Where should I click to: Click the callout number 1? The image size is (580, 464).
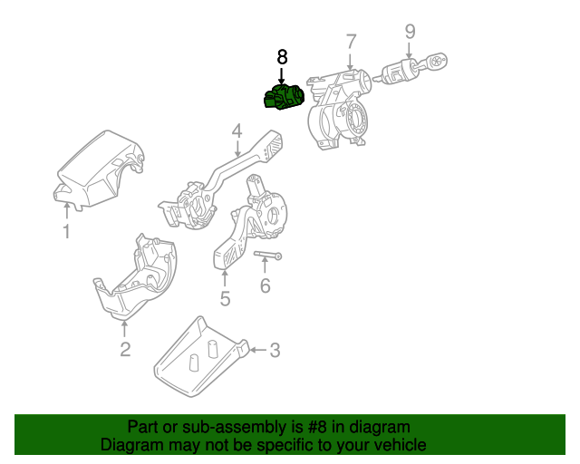66,233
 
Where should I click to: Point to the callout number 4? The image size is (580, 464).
236,130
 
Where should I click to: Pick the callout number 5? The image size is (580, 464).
225,297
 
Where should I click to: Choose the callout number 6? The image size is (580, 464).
265,286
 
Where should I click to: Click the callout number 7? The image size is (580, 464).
351,41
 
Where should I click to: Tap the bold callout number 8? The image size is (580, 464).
282,56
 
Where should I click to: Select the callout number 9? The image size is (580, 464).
410,32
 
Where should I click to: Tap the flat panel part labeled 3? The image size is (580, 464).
199,358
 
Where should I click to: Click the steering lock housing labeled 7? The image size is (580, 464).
340,109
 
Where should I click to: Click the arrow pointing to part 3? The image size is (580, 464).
256,349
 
